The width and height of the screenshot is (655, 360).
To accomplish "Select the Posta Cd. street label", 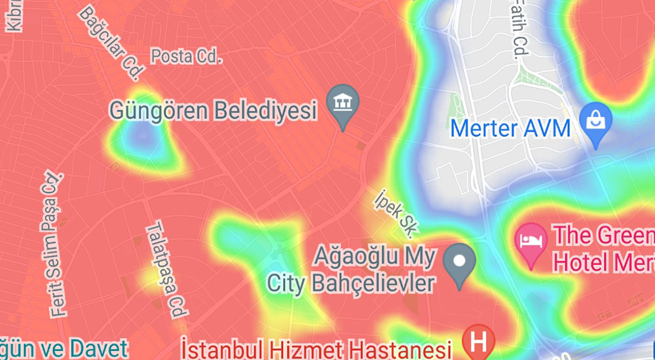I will [x=187, y=57].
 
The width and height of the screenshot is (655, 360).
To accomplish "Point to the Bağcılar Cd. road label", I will [x=112, y=41].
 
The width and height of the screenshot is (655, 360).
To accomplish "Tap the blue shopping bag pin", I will [x=597, y=122].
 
